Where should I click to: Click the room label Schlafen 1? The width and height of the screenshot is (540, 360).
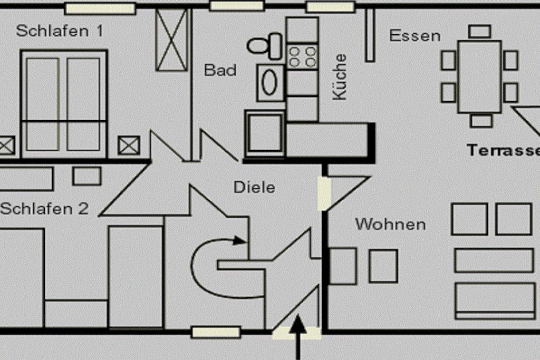[59, 31]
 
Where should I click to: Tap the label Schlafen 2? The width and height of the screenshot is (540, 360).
[44, 209]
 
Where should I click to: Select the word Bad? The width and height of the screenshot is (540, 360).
[220, 70]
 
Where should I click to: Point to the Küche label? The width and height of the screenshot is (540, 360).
[339, 77]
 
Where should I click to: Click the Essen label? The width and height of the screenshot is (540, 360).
[415, 36]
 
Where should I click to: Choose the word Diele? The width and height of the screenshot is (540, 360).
[255, 188]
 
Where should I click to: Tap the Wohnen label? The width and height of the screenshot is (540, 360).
[391, 225]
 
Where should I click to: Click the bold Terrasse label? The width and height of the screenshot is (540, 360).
[503, 150]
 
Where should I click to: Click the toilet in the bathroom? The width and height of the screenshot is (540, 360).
[265, 46]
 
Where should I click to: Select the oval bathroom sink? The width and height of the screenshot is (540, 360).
[269, 83]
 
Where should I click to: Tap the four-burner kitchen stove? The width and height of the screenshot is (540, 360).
[302, 57]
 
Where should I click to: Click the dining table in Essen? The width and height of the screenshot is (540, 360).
[480, 77]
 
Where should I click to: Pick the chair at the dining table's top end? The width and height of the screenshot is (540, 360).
[480, 31]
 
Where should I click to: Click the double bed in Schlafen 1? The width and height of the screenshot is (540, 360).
[64, 104]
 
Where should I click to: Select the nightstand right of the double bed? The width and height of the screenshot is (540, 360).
[129, 145]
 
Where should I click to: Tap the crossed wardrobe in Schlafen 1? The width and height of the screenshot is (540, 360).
[172, 40]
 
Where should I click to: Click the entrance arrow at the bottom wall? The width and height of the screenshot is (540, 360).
[297, 337]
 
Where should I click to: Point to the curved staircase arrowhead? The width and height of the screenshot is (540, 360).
[239, 240]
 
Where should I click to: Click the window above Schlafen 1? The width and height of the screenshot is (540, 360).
[100, 8]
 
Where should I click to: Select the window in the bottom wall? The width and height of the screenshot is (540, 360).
[216, 333]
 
